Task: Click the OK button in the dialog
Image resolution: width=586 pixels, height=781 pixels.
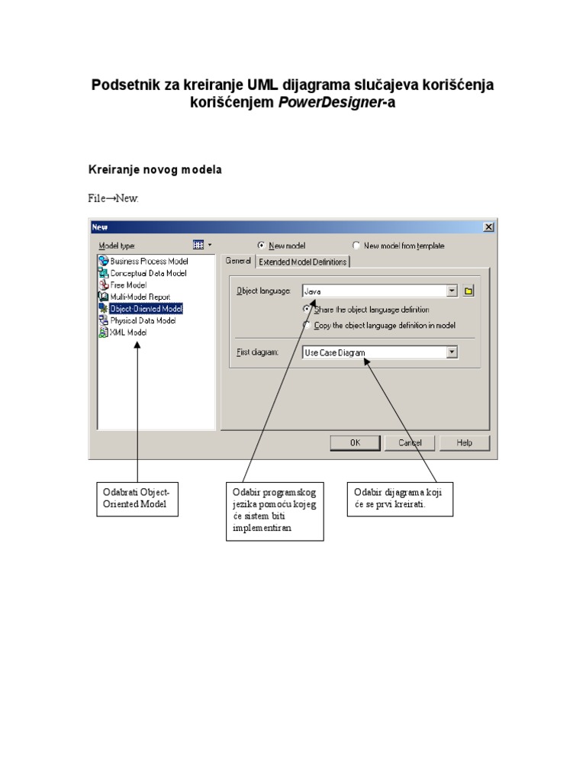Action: (355, 442)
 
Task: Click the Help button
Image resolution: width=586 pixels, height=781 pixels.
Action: (465, 442)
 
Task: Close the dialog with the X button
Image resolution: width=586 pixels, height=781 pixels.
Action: (488, 227)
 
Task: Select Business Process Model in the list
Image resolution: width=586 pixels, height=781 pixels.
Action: (149, 261)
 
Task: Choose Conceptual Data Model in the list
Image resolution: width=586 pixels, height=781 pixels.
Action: (148, 273)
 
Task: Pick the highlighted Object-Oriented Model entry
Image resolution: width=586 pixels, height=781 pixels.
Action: (146, 309)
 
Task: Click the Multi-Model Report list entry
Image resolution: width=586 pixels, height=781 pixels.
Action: (140, 297)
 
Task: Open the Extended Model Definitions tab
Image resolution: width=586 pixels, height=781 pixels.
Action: (302, 262)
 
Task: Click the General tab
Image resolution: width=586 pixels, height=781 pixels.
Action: (238, 261)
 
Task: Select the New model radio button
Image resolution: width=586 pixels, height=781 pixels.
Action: (262, 246)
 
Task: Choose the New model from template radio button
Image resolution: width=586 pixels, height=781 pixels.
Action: (356, 246)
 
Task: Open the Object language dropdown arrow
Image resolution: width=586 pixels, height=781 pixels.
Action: (452, 291)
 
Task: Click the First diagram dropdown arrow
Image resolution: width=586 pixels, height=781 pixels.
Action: (452, 352)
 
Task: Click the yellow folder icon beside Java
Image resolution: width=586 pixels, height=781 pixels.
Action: (469, 291)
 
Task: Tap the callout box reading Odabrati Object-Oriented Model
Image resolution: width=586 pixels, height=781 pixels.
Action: (137, 498)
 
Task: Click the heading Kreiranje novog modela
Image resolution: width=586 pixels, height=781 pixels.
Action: (155, 169)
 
